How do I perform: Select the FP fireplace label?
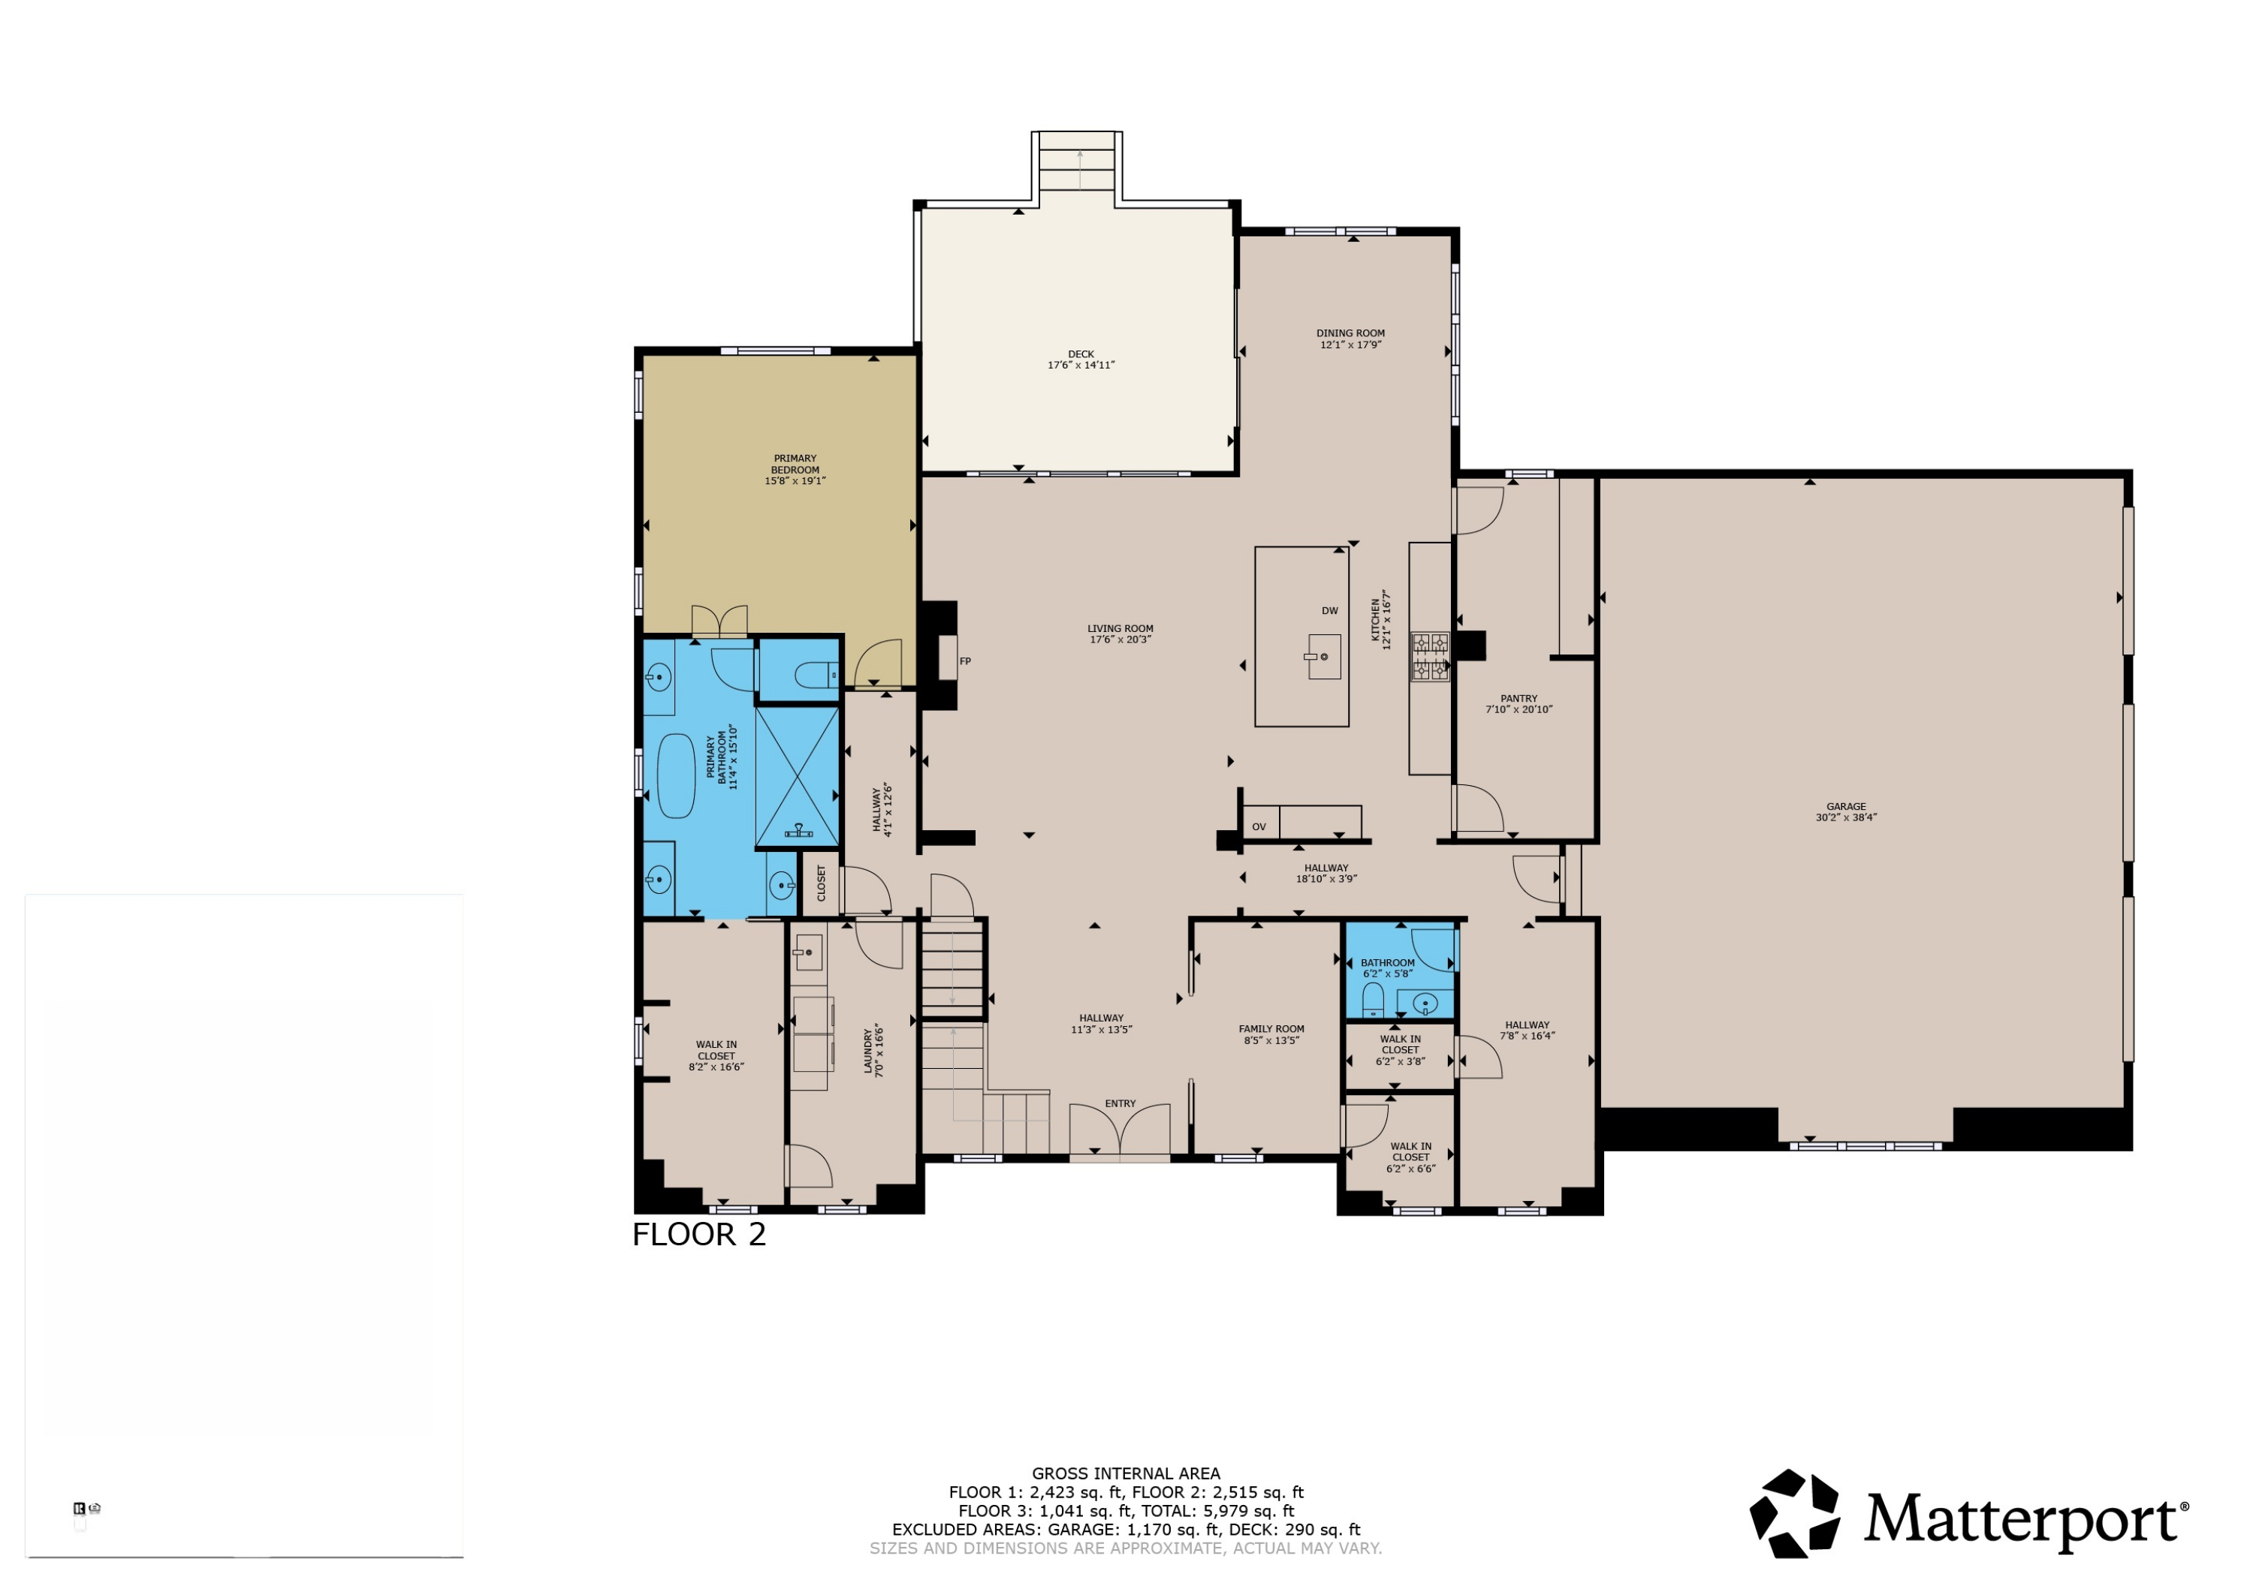click(x=966, y=661)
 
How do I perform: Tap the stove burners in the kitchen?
click(x=1430, y=658)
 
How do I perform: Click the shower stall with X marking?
click(x=797, y=777)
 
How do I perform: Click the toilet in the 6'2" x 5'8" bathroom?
click(x=1373, y=1001)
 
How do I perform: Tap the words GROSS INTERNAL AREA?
click(x=1126, y=1473)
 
